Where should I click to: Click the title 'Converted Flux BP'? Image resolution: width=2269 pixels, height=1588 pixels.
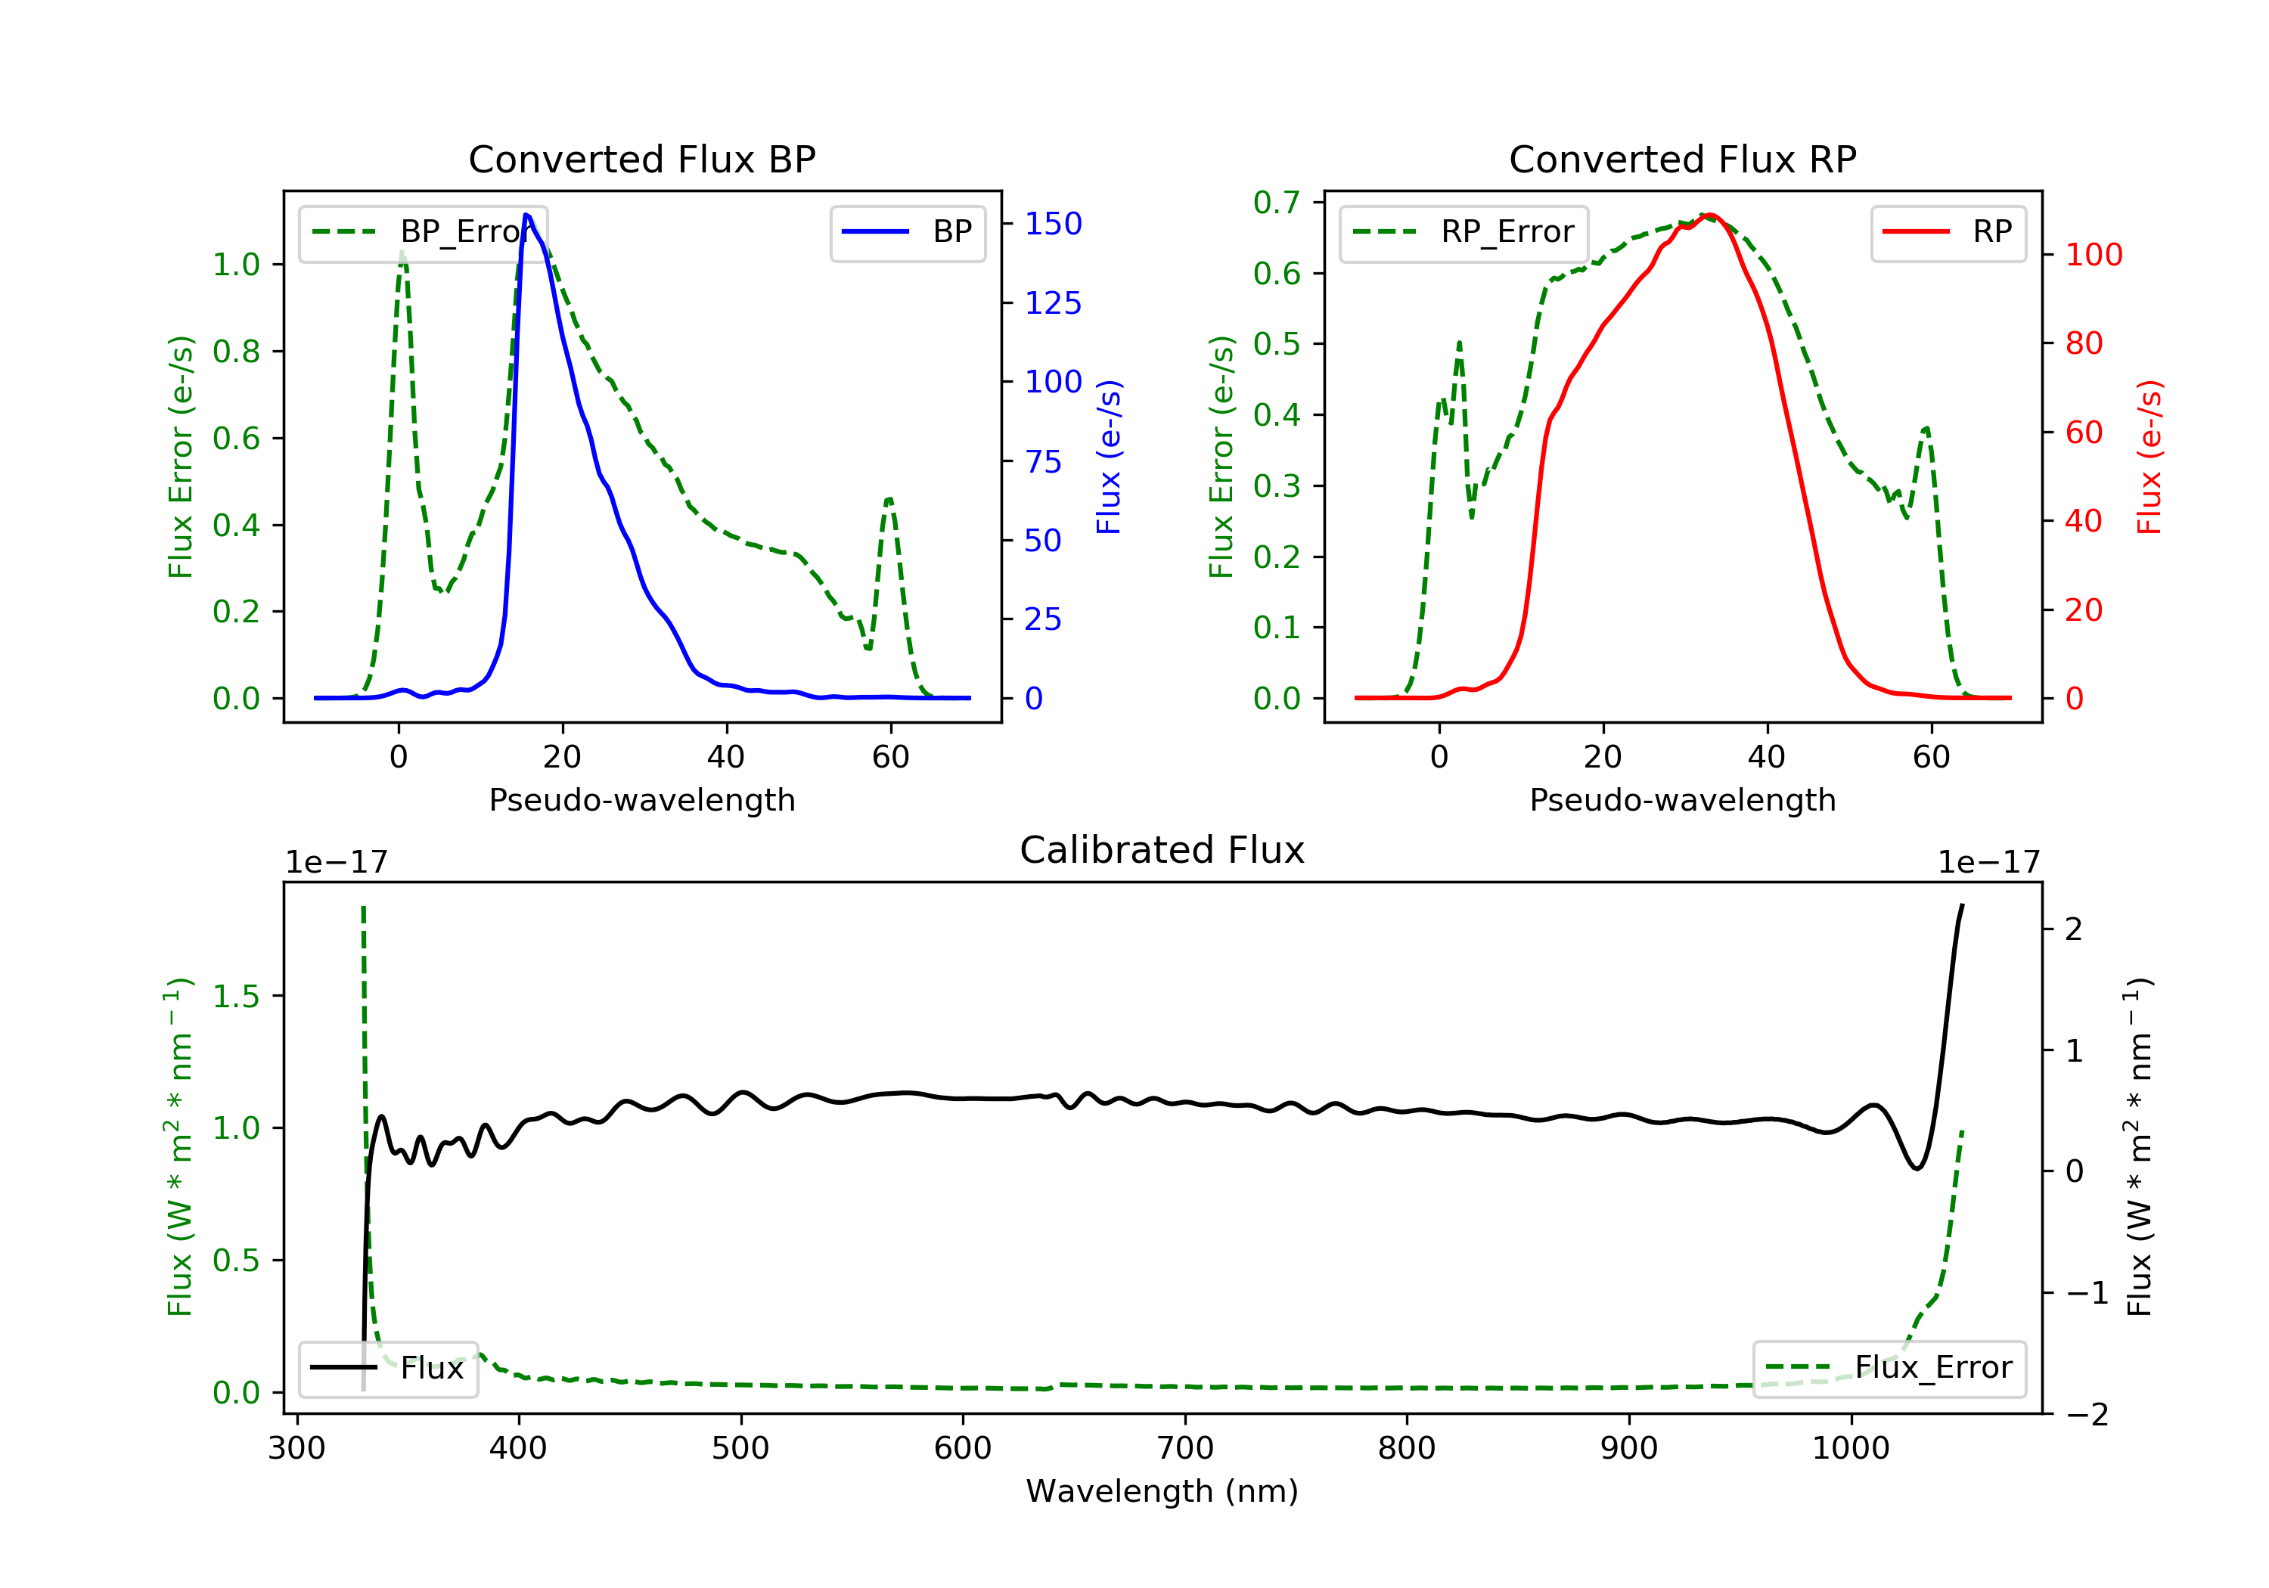click(x=641, y=159)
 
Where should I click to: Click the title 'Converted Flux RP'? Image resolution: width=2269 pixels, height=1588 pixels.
click(x=1682, y=159)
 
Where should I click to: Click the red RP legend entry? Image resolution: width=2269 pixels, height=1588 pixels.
click(x=1948, y=232)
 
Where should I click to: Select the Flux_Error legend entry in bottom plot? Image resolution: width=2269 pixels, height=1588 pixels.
click(x=1889, y=1368)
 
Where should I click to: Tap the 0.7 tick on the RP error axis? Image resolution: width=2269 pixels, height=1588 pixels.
click(x=1276, y=203)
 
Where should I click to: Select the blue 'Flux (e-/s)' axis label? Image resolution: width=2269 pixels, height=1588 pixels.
click(x=1109, y=457)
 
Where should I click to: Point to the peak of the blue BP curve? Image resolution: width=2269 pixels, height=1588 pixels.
click(x=526, y=215)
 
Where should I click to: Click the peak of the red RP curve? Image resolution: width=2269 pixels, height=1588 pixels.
click(x=1709, y=215)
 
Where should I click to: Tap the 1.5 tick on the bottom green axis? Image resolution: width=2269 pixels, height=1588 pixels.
click(x=236, y=996)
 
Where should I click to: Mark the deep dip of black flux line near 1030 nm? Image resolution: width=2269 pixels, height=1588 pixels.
click(x=1917, y=1168)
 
